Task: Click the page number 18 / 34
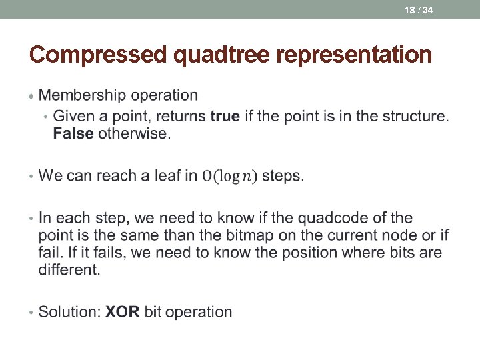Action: (419, 10)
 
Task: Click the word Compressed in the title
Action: (99, 55)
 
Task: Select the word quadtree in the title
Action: (225, 55)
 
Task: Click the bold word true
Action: (225, 116)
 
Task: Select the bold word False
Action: (73, 133)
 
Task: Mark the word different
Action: (69, 270)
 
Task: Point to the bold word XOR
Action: (123, 312)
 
